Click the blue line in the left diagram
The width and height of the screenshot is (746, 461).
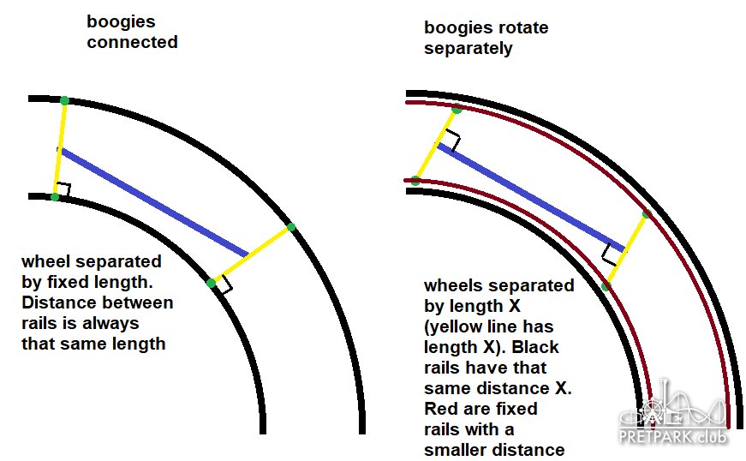(154, 202)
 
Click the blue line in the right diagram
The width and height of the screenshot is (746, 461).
(531, 195)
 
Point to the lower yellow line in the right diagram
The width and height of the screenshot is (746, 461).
(627, 248)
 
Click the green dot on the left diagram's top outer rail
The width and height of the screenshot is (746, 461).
(65, 100)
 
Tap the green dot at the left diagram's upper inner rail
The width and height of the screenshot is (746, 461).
(55, 197)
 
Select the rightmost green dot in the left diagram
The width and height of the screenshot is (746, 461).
(291, 226)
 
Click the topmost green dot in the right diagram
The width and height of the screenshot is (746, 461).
(457, 109)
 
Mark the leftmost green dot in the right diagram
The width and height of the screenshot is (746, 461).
(415, 181)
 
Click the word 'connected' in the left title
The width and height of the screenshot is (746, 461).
(132, 42)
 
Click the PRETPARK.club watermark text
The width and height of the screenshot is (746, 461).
(674, 437)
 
